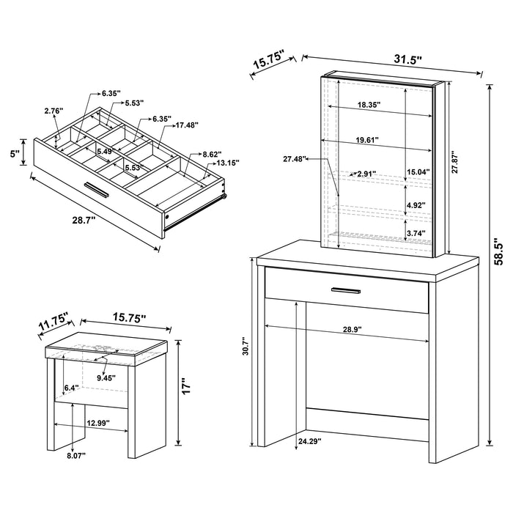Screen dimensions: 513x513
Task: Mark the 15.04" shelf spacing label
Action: (x=418, y=173)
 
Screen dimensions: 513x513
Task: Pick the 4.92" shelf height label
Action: (x=416, y=206)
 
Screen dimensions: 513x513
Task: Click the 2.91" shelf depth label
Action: (x=366, y=174)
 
